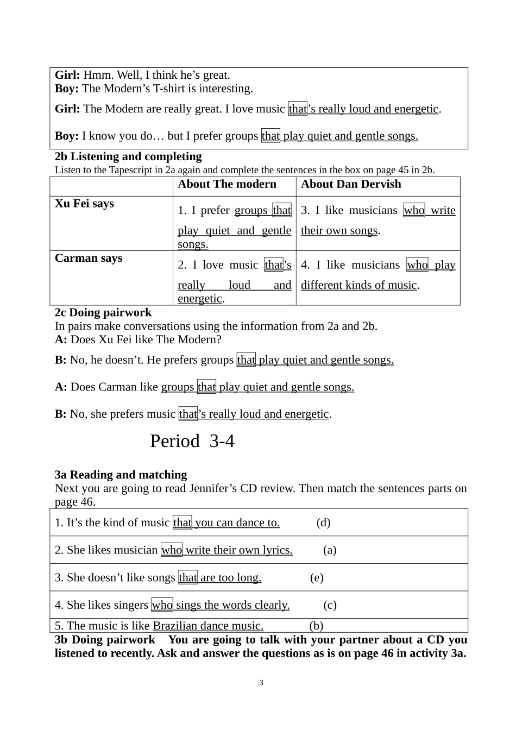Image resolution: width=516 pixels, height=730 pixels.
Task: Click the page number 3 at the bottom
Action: pyautogui.click(x=261, y=683)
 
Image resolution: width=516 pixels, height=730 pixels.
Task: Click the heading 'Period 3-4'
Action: pyautogui.click(x=192, y=441)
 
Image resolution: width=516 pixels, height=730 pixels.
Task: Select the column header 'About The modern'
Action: pyautogui.click(x=227, y=184)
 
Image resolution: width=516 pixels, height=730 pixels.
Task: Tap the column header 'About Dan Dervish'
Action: pyautogui.click(x=351, y=184)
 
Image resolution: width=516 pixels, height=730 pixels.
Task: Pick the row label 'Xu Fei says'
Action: pyautogui.click(x=84, y=204)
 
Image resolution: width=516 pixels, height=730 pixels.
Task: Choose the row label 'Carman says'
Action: pyautogui.click(x=89, y=258)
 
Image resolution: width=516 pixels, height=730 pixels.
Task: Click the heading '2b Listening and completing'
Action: pyautogui.click(x=128, y=156)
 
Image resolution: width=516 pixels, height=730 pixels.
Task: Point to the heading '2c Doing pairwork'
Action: pyautogui.click(x=103, y=312)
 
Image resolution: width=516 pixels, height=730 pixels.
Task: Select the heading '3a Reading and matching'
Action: pyautogui.click(x=121, y=475)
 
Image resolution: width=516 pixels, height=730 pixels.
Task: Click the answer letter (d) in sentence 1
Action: pyautogui.click(x=323, y=523)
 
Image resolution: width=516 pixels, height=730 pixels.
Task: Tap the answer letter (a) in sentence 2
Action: pyautogui.click(x=330, y=550)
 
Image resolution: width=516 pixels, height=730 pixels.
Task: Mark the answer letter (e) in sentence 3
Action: pyautogui.click(x=317, y=577)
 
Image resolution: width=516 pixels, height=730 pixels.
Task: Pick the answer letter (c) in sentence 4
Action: pyautogui.click(x=330, y=605)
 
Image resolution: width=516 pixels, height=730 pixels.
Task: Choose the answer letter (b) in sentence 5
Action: pyautogui.click(x=316, y=626)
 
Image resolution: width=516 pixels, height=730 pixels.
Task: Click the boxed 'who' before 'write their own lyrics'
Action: pyautogui.click(x=172, y=550)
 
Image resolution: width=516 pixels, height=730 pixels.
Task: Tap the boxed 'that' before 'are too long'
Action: pyautogui.click(x=188, y=577)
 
